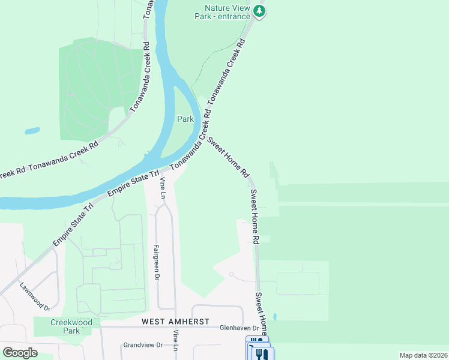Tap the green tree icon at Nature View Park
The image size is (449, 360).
click(x=259, y=11)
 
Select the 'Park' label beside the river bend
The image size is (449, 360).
click(x=185, y=119)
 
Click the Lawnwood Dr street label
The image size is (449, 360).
click(x=35, y=296)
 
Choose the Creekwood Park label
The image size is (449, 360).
click(x=71, y=326)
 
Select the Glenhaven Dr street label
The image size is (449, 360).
click(x=239, y=328)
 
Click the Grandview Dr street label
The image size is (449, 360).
click(x=143, y=345)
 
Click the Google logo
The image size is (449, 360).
click(x=20, y=352)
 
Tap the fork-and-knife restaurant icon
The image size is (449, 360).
click(x=262, y=354)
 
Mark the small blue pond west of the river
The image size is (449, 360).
click(x=32, y=130)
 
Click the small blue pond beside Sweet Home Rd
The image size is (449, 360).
click(x=274, y=316)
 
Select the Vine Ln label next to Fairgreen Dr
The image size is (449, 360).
click(x=161, y=188)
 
